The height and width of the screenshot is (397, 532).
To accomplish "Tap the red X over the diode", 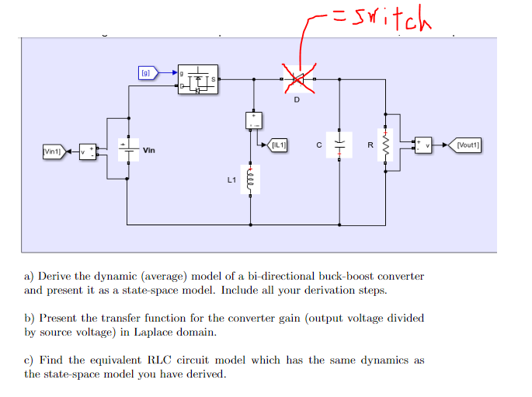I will [296, 78].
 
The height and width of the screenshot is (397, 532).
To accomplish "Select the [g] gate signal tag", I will [146, 73].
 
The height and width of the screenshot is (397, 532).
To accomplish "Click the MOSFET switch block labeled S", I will [198, 79].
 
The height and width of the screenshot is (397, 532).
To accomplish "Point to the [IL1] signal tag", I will [278, 145].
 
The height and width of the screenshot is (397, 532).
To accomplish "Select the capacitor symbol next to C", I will [339, 145].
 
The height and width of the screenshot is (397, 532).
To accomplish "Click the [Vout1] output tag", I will [468, 145].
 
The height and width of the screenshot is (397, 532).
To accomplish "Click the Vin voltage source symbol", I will [127, 148].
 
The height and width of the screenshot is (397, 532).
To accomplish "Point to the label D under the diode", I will [296, 99].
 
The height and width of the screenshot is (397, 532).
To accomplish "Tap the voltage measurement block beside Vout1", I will [423, 145].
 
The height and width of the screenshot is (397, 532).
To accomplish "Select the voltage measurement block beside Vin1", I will [88, 149].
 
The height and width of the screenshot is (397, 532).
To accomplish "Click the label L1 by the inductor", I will [231, 180].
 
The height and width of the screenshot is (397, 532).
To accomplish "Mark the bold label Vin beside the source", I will [149, 149].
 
